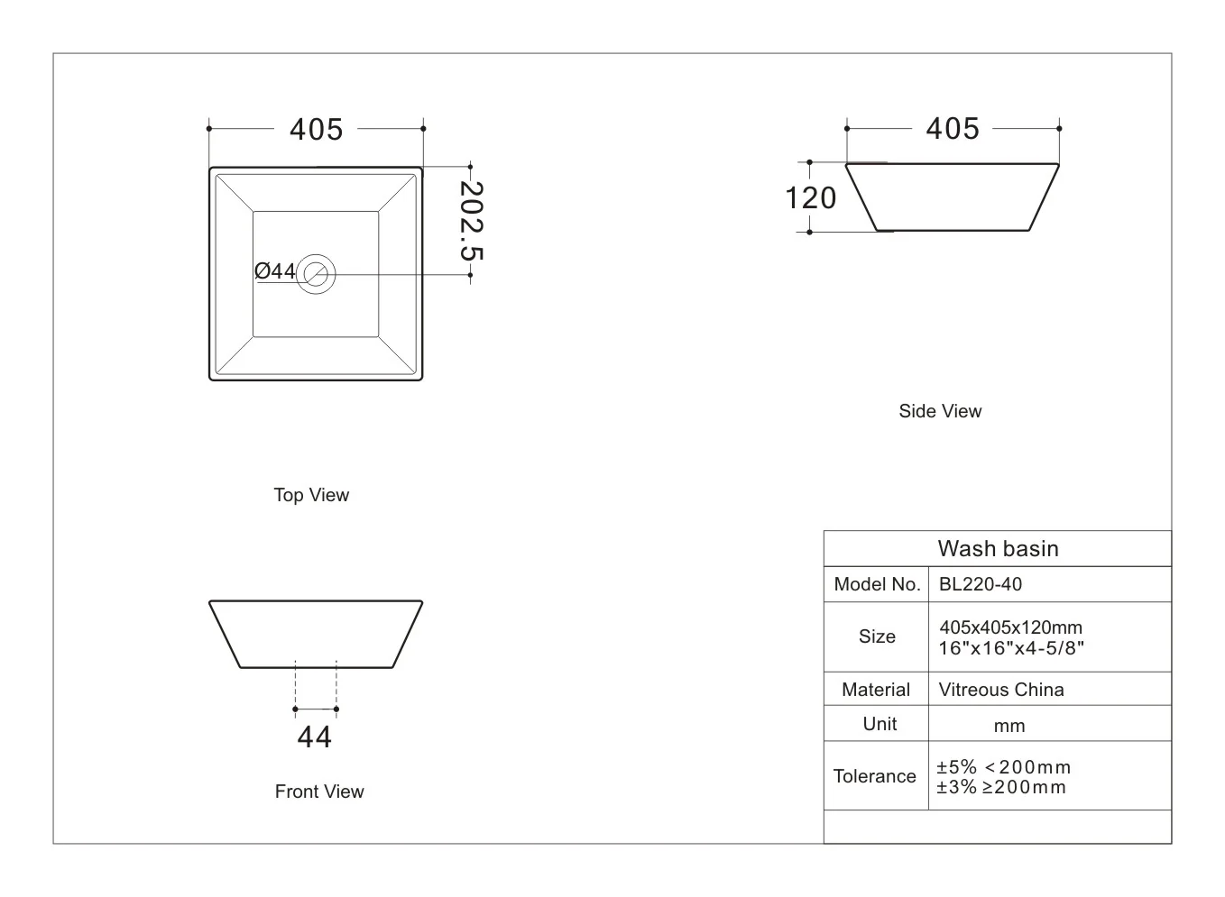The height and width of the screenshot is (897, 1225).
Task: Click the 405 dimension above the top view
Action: [316, 130]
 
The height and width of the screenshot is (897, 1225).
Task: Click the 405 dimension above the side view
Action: [952, 129]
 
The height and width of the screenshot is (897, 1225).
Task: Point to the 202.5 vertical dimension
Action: [472, 222]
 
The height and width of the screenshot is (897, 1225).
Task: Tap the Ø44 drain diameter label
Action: [274, 270]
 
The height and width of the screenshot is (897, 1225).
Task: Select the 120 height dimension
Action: [810, 197]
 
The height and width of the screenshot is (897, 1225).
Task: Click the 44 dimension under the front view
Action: [315, 737]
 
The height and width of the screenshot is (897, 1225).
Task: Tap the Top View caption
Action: [311, 495]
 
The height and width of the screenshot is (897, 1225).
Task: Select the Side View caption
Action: [940, 411]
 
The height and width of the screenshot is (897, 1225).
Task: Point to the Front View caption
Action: [319, 791]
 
